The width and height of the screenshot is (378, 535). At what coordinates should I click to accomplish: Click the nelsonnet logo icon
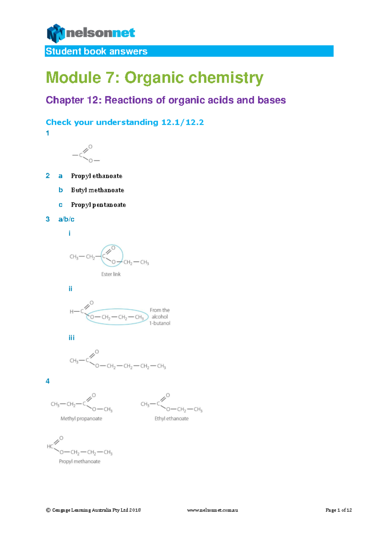[x=56, y=33]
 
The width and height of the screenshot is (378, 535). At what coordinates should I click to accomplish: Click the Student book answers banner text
[x=96, y=51]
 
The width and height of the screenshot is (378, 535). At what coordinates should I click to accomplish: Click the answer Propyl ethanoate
[x=96, y=176]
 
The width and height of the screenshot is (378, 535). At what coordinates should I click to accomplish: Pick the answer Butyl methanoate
[x=97, y=190]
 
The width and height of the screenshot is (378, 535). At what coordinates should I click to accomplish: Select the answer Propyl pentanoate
[x=98, y=205]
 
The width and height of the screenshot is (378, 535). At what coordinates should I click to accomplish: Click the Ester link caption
[x=111, y=274]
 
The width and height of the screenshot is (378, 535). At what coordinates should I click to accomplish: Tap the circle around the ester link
[x=121, y=250]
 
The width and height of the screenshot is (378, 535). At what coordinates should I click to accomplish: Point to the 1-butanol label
[x=160, y=323]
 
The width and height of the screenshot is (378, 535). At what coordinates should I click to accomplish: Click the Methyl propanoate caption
[x=81, y=418]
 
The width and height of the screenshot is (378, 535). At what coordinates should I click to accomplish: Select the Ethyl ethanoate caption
[x=171, y=418]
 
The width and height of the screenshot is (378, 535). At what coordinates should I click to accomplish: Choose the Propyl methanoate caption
[x=79, y=461]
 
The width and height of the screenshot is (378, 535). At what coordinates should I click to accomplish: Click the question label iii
[x=72, y=338]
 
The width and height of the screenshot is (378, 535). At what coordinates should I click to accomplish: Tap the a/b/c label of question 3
[x=66, y=219]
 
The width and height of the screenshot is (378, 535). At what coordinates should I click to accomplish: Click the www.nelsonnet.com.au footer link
[x=212, y=510]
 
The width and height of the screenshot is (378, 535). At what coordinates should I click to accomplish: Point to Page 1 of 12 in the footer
[x=338, y=510]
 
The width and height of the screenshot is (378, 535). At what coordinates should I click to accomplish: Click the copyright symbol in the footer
[x=48, y=510]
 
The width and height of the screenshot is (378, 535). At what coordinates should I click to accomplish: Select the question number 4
[x=48, y=381]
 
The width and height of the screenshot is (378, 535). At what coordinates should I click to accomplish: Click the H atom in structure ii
[x=72, y=312]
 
